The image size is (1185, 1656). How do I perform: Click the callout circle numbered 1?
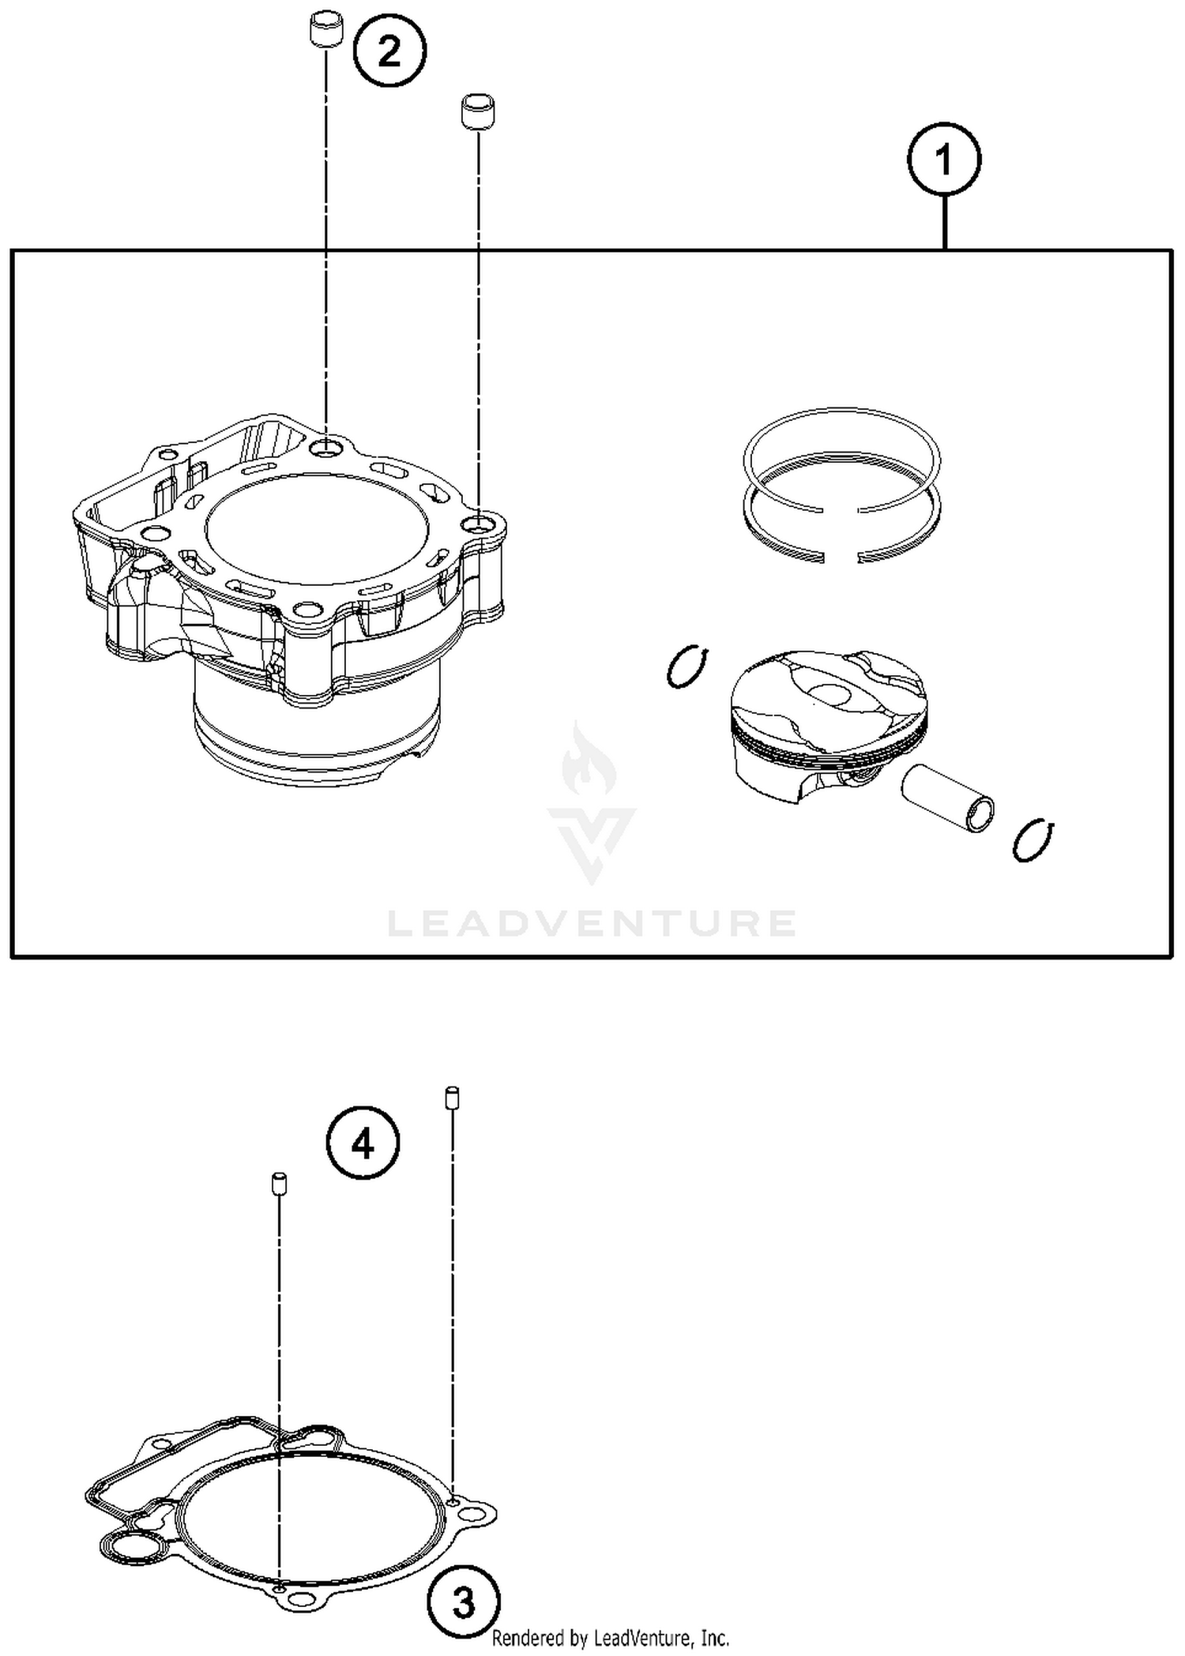coord(943,160)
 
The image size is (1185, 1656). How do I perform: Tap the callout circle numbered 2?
coord(389,52)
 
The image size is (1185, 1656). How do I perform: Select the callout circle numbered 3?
coord(464,1602)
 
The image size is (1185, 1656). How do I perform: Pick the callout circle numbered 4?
coord(363,1143)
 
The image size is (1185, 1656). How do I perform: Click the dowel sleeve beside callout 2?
coord(325,31)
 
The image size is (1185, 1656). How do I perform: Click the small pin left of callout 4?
coord(279,1184)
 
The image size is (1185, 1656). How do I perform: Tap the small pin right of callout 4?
coord(452,1097)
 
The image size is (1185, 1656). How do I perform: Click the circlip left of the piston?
coord(687,667)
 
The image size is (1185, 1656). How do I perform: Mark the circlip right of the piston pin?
coord(1033,840)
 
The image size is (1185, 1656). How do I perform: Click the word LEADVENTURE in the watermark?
coord(592,923)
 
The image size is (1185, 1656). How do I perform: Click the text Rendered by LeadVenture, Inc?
coord(610,1639)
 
